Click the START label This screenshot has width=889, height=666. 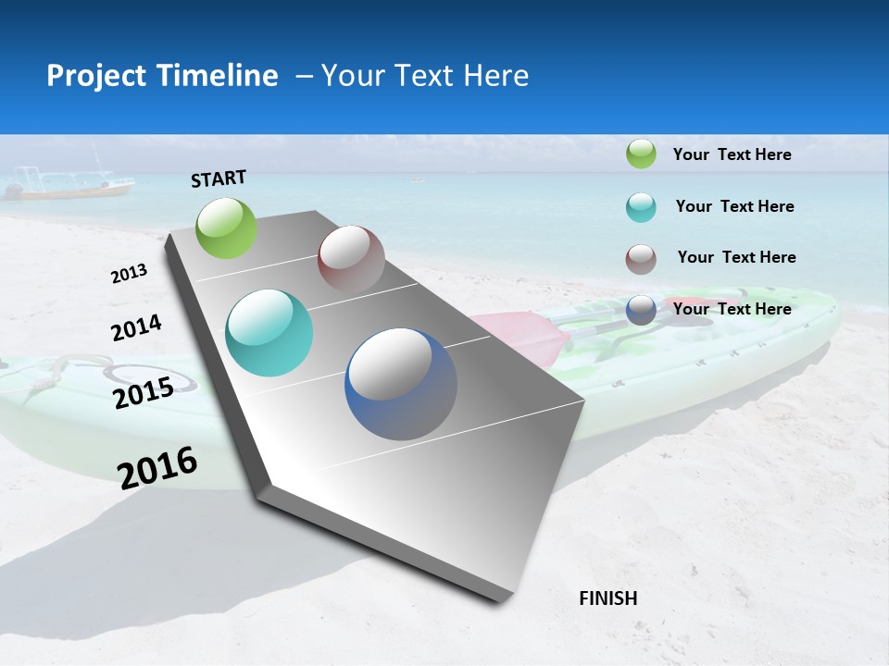[x=219, y=179]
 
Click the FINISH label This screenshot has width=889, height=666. [x=607, y=598]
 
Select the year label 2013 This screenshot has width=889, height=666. [x=129, y=274]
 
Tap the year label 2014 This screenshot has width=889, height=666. [x=136, y=328]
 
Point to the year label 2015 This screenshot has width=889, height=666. [x=144, y=393]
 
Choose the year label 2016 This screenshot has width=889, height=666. [x=157, y=467]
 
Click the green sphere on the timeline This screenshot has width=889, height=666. [x=227, y=228]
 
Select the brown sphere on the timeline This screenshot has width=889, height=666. [x=351, y=259]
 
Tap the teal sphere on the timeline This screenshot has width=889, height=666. [x=269, y=333]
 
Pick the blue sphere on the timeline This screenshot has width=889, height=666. [x=401, y=384]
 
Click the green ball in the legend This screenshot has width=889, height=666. [x=641, y=154]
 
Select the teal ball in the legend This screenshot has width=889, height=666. [x=641, y=207]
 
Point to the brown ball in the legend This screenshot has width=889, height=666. [x=641, y=259]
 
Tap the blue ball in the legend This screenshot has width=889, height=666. [x=641, y=310]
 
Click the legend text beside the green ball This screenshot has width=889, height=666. [x=732, y=154]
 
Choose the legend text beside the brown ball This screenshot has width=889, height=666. [x=736, y=257]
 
